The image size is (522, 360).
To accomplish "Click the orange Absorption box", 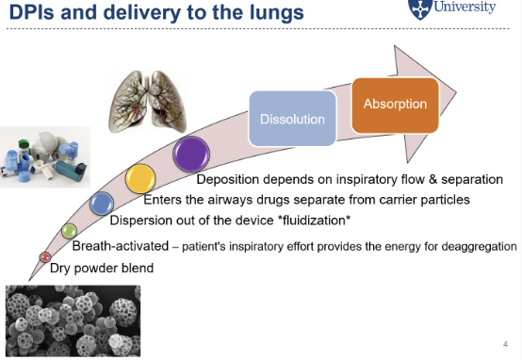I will pos(395,105).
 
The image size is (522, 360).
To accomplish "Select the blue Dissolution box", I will pos(292,120).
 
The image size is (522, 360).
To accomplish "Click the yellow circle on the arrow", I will pos(141,178).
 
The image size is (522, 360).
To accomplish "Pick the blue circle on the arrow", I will pos(102,203).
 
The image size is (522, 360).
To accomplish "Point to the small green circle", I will pos(68,231).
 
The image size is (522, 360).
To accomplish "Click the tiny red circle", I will pos(44,256).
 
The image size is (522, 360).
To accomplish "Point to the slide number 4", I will pos(505,343).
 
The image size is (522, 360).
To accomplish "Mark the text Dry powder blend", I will pos(101,269).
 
